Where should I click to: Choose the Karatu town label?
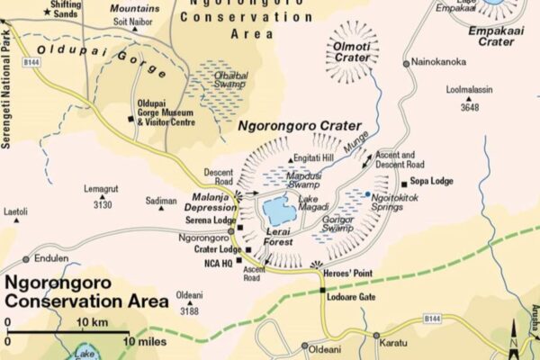pos(402,343)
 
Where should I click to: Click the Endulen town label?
pos(51,258)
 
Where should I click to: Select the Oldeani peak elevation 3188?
pos(188,311)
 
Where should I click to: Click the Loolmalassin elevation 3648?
pos(469,107)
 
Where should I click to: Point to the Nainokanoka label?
pos(441,62)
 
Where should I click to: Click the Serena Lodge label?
pos(211,220)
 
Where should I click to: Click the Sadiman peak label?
pos(161,202)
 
